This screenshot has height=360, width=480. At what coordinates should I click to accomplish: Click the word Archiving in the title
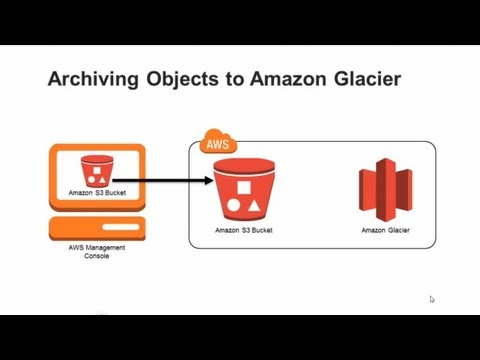[88, 80]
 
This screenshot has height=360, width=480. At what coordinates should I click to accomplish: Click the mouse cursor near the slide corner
[432, 298]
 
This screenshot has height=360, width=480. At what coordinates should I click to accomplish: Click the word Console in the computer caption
[96, 256]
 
